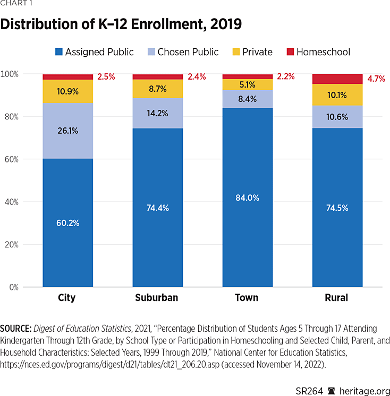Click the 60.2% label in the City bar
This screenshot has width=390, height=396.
(x=67, y=223)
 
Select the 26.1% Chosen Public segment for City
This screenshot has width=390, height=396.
(x=67, y=131)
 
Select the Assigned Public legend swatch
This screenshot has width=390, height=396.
(x=59, y=52)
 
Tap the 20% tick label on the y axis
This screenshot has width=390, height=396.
(x=24, y=245)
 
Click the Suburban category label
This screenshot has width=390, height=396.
(x=156, y=298)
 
